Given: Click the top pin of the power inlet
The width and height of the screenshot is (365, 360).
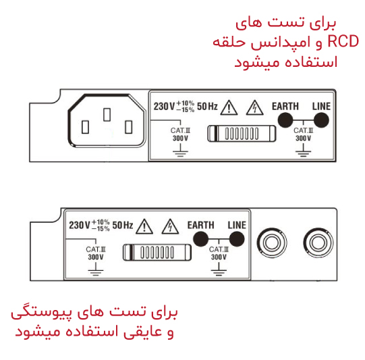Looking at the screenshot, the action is [x=107, y=114].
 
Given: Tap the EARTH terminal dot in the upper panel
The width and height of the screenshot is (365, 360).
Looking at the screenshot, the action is [x=285, y=120].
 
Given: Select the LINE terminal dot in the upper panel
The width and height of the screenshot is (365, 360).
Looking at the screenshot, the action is [x=321, y=120].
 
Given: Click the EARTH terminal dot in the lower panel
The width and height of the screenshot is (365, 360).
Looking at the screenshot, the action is [x=201, y=239].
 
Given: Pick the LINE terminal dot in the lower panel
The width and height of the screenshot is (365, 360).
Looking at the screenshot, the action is [x=237, y=239].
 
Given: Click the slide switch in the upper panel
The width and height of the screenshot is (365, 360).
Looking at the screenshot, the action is [x=242, y=134].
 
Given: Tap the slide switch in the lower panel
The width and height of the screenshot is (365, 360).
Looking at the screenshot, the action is [x=157, y=253].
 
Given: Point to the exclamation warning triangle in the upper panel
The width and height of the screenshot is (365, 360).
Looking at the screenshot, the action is [x=229, y=107].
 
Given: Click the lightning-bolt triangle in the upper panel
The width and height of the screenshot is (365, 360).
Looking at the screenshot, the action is [x=255, y=107].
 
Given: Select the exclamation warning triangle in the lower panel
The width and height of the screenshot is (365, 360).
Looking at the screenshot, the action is [x=144, y=226].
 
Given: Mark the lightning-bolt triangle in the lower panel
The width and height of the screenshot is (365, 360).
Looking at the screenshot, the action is [x=171, y=226].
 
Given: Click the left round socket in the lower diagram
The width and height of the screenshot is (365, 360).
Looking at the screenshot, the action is [x=272, y=242].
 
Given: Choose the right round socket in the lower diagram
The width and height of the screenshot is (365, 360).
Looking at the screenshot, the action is [x=318, y=242].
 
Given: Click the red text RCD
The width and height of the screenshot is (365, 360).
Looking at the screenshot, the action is [x=343, y=41].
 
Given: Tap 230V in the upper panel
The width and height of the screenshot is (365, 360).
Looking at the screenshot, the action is [x=164, y=106].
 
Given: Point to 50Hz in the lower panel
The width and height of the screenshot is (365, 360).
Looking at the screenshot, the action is [x=123, y=225].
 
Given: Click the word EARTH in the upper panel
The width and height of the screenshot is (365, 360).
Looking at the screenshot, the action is [x=285, y=106].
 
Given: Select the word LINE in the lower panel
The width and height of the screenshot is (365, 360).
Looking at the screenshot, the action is [x=237, y=225].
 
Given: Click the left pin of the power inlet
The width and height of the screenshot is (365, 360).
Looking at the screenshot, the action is [x=85, y=127].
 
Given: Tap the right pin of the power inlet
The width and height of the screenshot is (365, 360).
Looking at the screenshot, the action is [x=128, y=127].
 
